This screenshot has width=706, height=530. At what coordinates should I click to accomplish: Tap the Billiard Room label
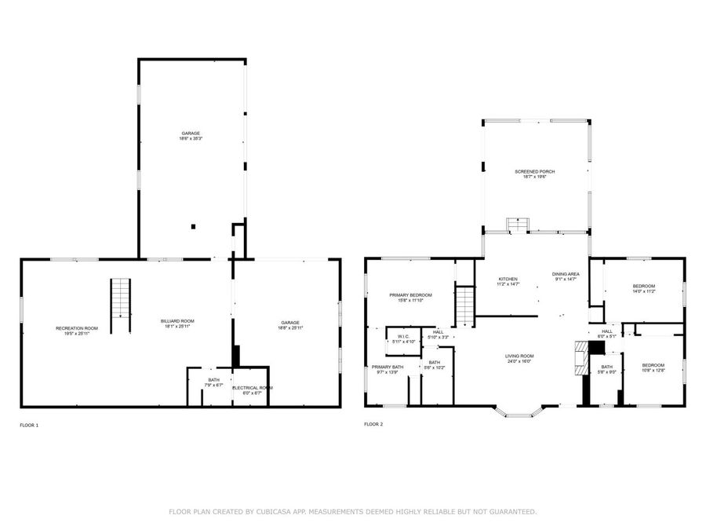tap(177, 321)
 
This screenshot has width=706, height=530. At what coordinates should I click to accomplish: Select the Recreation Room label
tap(77, 328)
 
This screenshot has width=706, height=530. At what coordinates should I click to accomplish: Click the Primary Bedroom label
tap(410, 295)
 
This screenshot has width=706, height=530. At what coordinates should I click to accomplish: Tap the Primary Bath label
tap(388, 367)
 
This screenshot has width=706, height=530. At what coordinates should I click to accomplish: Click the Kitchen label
tap(508, 280)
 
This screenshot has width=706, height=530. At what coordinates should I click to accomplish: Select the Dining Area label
tap(566, 274)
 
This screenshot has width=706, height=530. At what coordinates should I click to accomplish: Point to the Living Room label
tap(519, 356)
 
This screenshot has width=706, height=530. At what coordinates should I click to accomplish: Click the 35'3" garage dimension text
tap(191, 138)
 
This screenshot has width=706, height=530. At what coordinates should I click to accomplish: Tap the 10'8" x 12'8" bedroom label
tap(653, 366)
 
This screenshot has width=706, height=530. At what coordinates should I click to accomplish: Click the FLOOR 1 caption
tap(29, 425)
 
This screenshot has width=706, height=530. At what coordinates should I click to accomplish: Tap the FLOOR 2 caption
tap(373, 425)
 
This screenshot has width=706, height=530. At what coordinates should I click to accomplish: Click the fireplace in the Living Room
tap(581, 358)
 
